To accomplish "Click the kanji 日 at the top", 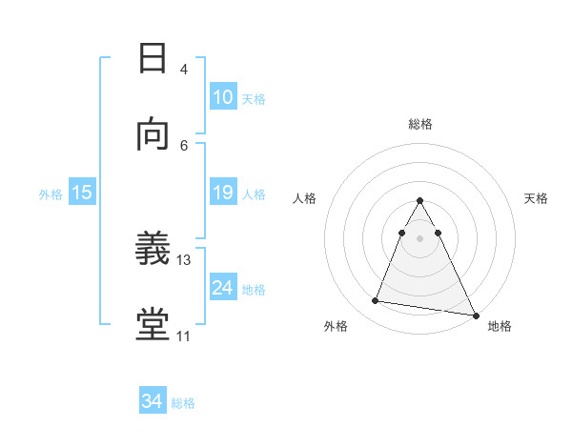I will [153, 58].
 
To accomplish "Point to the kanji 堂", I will [153, 325].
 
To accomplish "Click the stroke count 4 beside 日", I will [184, 69].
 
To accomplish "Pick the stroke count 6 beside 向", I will [184, 145].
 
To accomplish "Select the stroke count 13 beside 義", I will [185, 259].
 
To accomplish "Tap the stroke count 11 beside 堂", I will [184, 336].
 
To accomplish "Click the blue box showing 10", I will [222, 97].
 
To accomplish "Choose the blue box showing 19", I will [222, 193].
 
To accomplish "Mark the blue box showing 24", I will [222, 288].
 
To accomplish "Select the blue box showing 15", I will [82, 193].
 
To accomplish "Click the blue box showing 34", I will [153, 401].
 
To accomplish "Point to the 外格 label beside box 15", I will [51, 193].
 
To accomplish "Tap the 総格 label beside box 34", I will [183, 403].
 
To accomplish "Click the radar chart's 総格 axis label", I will [419, 124].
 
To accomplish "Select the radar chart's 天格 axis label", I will [536, 198].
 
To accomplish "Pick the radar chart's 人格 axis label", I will [304, 198].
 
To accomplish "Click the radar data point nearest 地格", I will [474, 315].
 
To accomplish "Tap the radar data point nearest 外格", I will [375, 301].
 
